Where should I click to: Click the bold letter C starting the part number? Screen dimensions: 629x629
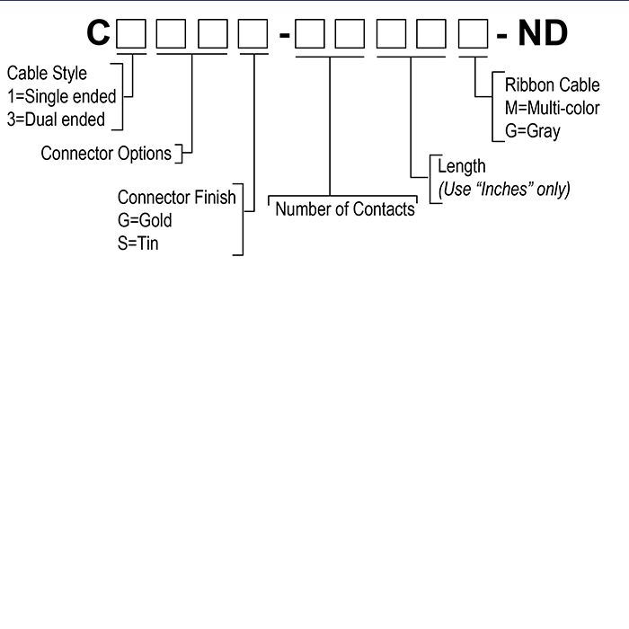99,34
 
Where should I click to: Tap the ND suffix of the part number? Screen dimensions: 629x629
543,34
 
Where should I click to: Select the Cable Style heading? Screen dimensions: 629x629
48,73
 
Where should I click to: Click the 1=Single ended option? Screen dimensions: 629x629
61,96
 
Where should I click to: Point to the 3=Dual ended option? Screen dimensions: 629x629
56,120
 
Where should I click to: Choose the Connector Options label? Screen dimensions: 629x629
106,154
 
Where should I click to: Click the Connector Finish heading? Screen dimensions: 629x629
177,197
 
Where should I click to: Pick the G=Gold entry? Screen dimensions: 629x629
145,220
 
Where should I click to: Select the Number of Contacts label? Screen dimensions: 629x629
345,209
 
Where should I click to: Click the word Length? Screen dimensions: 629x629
461,166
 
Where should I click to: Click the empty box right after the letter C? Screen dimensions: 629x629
132,35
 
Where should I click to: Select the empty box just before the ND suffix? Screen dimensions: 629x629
474,35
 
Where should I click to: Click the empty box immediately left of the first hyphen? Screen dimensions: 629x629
253,35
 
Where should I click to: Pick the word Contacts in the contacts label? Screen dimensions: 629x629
383,209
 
